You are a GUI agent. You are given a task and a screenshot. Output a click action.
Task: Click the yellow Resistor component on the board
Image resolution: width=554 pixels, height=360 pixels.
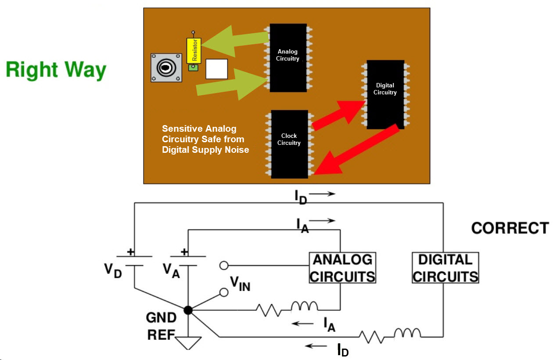click(194, 50)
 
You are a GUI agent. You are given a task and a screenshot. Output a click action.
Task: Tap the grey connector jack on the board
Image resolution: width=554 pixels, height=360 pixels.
click(166, 68)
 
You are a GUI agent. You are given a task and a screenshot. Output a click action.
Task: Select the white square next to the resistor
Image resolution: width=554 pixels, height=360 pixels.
click(216, 69)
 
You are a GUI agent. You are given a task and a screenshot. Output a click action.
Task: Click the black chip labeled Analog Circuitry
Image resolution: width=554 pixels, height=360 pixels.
click(288, 58)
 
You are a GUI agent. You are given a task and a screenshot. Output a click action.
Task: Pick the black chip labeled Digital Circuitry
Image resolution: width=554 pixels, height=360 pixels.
click(385, 94)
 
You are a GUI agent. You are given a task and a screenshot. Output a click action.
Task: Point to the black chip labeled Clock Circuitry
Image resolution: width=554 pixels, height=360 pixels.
click(289, 144)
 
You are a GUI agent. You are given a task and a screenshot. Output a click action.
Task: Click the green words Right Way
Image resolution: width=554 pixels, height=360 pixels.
click(56, 70)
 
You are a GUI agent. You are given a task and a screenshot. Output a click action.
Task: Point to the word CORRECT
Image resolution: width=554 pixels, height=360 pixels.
click(510, 228)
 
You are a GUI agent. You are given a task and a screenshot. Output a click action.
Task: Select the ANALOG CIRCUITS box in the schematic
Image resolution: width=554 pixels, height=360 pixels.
click(342, 268)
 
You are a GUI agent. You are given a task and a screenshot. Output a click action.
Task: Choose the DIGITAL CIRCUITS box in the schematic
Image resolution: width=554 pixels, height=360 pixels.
click(445, 268)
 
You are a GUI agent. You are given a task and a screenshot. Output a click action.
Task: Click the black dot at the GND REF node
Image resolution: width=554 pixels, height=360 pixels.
click(188, 310)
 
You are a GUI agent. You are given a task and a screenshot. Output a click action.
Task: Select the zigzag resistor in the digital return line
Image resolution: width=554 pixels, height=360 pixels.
click(371, 337)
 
